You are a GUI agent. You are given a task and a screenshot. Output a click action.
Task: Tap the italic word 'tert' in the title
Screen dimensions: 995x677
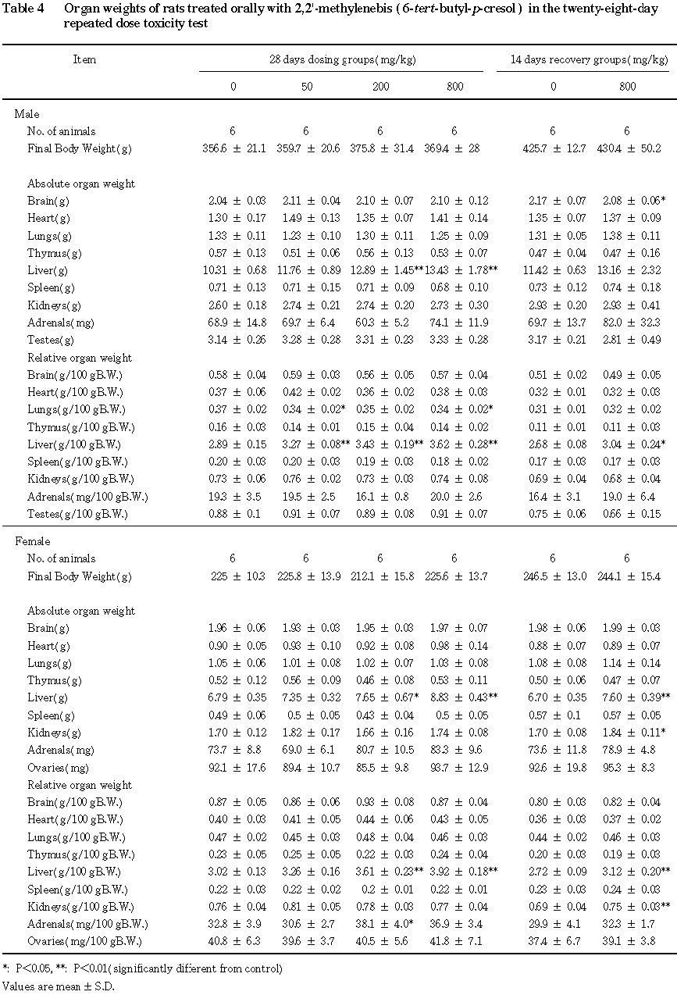[412, 9]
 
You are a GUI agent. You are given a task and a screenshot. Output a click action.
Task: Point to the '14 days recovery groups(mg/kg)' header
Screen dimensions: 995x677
[583, 59]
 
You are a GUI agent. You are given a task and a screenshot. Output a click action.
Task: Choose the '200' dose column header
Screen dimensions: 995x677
[379, 86]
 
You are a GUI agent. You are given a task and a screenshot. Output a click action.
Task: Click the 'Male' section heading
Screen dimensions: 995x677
[27, 114]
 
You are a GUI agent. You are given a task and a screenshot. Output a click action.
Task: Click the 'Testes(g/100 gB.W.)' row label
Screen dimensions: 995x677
[79, 514]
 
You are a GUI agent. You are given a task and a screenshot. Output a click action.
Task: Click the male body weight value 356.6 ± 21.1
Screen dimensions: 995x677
[233, 148]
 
